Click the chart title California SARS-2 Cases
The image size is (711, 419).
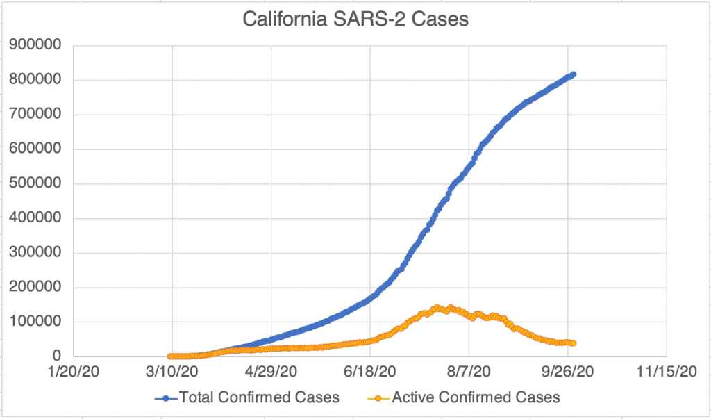(355, 19)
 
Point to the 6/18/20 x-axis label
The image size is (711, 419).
(369, 374)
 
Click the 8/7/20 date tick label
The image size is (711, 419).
(469, 374)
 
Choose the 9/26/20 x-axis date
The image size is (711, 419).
(568, 374)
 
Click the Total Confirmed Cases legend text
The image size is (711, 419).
(259, 397)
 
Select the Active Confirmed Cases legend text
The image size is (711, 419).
(476, 397)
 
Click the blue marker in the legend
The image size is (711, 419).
(167, 398)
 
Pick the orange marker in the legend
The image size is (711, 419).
(378, 398)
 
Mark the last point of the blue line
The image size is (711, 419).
(573, 74)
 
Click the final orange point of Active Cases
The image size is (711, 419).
(573, 343)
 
